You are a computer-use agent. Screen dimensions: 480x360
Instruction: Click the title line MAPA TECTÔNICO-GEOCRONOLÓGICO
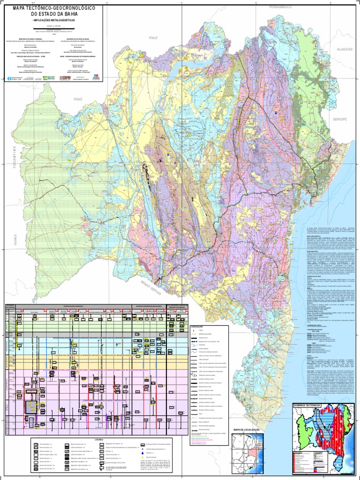pyautogui.click(x=54, y=8)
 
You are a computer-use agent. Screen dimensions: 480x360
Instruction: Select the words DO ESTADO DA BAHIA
pyautogui.click(x=54, y=14)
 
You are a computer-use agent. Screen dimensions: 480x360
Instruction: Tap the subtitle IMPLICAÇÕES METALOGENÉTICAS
pyautogui.click(x=54, y=21)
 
